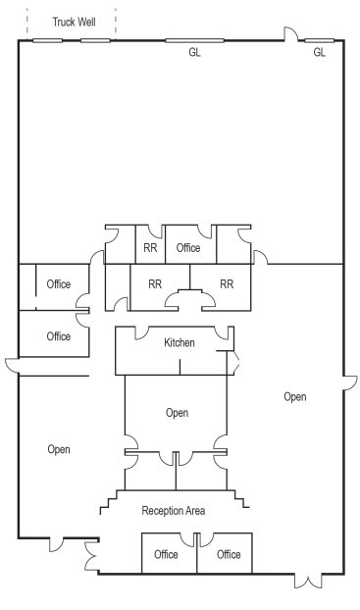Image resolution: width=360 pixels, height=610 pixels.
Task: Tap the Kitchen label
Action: coord(179,342)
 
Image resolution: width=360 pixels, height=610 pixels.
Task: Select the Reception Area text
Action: coord(173,510)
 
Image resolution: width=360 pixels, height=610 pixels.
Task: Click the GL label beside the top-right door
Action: coord(319,53)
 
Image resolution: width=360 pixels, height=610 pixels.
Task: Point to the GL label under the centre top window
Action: coord(194,53)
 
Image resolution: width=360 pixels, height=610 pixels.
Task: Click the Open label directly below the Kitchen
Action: coord(177,413)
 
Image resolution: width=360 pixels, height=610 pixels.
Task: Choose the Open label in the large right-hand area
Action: coord(294,397)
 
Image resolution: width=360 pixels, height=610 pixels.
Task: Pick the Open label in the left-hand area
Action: coord(59,449)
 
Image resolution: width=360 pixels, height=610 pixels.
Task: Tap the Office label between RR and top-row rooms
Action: coord(188,248)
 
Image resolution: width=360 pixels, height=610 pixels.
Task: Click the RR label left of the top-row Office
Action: coord(150,248)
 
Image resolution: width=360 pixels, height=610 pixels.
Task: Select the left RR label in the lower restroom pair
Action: coord(155,284)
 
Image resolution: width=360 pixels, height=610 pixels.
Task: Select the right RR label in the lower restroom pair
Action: coord(227,284)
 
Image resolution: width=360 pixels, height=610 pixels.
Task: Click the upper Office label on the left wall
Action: coord(59,284)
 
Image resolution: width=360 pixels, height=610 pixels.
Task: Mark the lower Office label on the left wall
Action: coord(59,336)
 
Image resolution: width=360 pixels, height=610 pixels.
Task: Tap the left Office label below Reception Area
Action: coord(166,554)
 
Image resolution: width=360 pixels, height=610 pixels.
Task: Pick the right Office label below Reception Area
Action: coord(229,554)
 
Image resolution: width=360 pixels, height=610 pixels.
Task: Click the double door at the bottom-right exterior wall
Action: coord(308,581)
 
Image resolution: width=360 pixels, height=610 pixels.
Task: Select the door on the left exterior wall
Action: coord(12,367)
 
